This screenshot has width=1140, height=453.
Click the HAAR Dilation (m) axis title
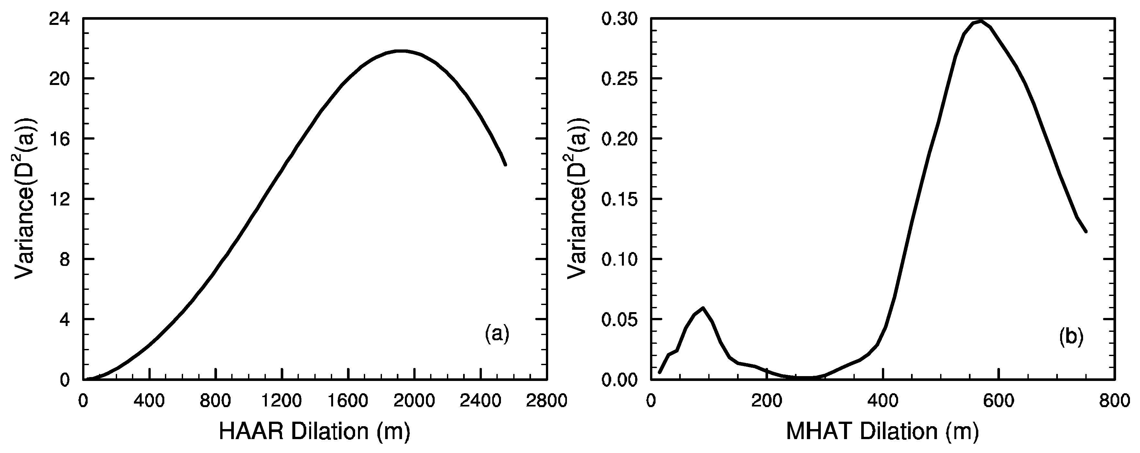(x=315, y=431)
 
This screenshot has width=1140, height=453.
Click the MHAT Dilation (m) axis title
(x=882, y=431)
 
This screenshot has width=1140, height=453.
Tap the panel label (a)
(x=497, y=334)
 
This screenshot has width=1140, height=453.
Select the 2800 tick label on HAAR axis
(x=547, y=401)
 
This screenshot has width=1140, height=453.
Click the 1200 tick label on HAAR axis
(x=282, y=401)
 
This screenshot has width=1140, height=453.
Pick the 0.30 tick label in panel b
(x=620, y=19)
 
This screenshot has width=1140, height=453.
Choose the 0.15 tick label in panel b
(x=620, y=199)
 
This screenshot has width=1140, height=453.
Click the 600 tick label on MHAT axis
(x=999, y=401)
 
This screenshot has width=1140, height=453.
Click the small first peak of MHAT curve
(x=703, y=308)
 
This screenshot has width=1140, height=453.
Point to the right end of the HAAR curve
(x=505, y=164)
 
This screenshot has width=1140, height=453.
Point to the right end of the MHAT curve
(x=1086, y=231)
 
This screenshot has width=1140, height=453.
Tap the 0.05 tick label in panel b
(x=620, y=320)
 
